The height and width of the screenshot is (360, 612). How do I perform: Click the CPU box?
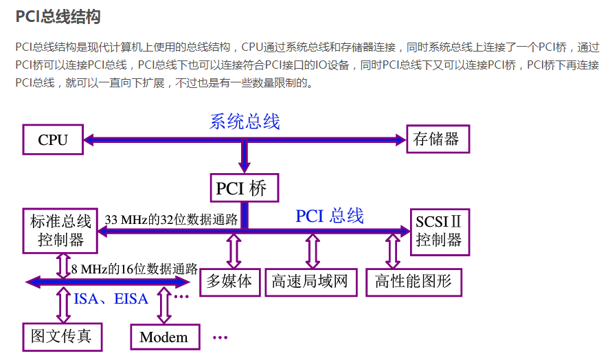click(53, 139)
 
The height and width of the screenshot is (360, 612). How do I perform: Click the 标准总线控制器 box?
click(60, 230)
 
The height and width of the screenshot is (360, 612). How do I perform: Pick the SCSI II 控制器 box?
click(440, 231)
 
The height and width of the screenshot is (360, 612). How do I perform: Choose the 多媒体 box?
click(230, 282)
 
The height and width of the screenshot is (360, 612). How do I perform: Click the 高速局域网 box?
click(310, 282)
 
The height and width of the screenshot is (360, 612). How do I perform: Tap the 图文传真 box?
click(62, 337)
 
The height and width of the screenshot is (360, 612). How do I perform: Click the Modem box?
click(164, 337)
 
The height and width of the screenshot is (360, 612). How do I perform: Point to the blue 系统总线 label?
click(245, 122)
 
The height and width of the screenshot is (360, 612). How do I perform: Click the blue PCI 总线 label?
click(330, 216)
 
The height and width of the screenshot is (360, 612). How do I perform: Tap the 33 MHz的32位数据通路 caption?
click(172, 220)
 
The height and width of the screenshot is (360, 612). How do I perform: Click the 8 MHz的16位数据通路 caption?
click(135, 269)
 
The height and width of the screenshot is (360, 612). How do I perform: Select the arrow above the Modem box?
click(164, 305)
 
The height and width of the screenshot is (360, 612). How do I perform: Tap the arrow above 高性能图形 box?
click(393, 251)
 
